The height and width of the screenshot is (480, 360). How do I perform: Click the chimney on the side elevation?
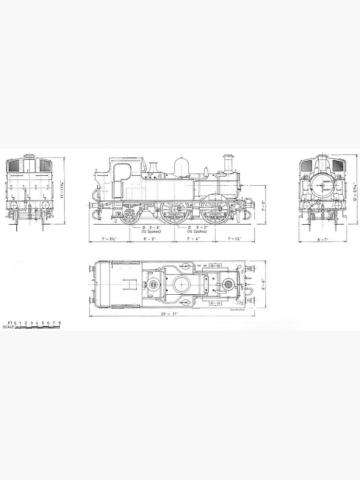tap(227, 164)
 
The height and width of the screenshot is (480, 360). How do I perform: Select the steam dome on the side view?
tap(181, 168)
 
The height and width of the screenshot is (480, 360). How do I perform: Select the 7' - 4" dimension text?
tap(194, 239)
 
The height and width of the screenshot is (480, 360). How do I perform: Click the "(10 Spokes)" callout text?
tap(151, 231)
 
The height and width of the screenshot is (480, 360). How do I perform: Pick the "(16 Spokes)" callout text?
tap(197, 231)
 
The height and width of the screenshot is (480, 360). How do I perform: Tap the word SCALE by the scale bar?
tap(8, 327)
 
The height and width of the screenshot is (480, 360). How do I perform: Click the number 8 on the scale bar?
tap(59, 323)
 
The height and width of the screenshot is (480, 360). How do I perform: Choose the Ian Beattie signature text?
tap(238, 310)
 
